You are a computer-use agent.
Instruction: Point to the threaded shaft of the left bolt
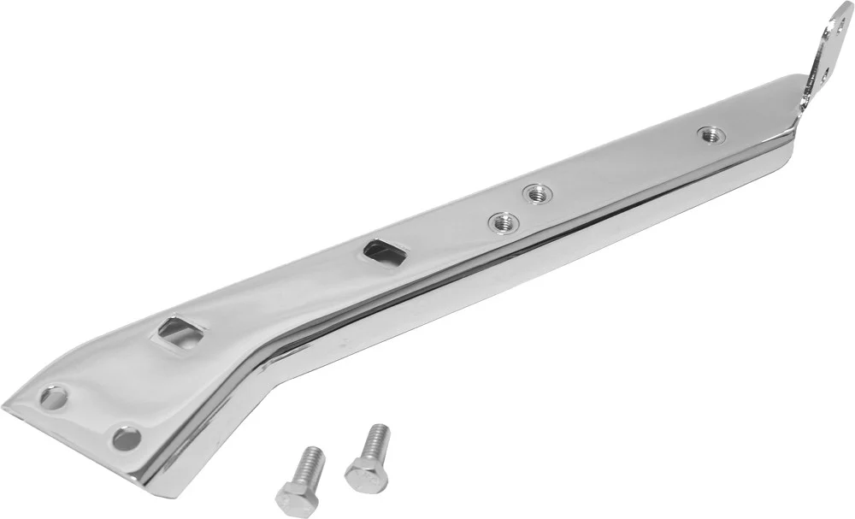pyautogui.click(x=309, y=463)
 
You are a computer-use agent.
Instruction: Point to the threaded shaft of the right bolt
pyautogui.click(x=373, y=439)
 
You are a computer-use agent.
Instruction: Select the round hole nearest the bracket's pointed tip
pyautogui.click(x=54, y=398)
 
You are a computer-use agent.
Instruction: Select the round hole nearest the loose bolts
pyautogui.click(x=127, y=438)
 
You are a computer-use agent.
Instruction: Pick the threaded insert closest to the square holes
pyautogui.click(x=503, y=224)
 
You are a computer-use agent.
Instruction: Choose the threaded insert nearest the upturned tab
pyautogui.click(x=710, y=133)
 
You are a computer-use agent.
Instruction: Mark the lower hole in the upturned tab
pyautogui.click(x=824, y=74)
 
